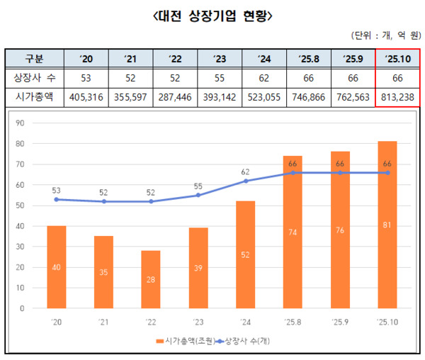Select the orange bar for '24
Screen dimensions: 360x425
(246, 254)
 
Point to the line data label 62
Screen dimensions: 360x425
(246, 171)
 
